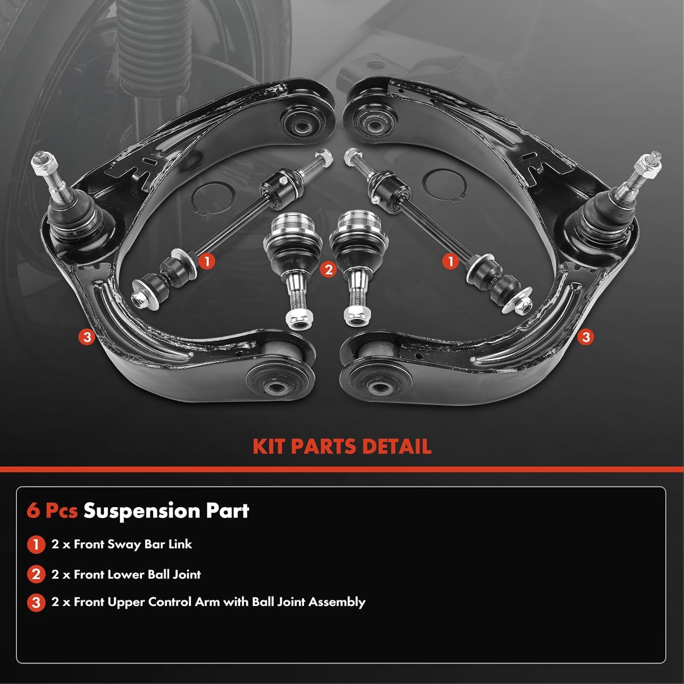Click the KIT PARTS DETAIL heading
click(x=342, y=446)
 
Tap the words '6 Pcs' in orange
click(x=52, y=511)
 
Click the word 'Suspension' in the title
click(x=141, y=511)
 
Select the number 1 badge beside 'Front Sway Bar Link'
click(x=36, y=544)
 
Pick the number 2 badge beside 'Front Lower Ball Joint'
click(x=36, y=575)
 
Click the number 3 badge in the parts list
click(x=36, y=603)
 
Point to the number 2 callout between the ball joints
click(x=328, y=269)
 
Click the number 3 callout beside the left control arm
click(x=87, y=337)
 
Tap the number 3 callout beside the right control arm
click(x=586, y=337)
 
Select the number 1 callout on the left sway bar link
click(x=207, y=261)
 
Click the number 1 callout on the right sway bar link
click(x=451, y=261)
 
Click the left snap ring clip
click(x=213, y=197)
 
